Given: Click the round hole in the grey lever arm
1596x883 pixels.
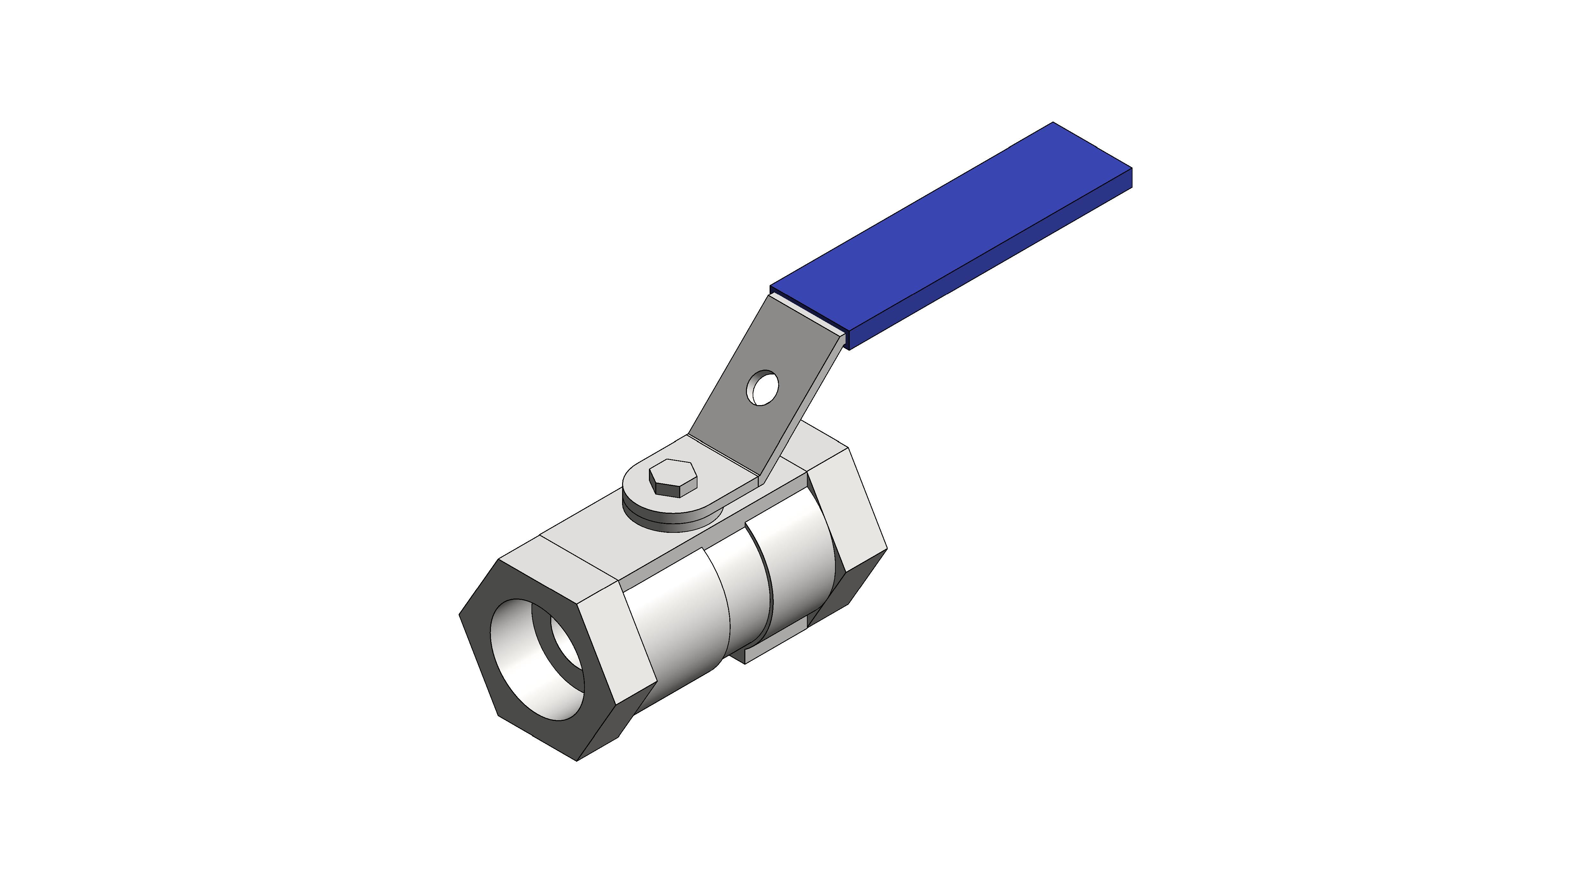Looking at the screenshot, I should click(x=762, y=387).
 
